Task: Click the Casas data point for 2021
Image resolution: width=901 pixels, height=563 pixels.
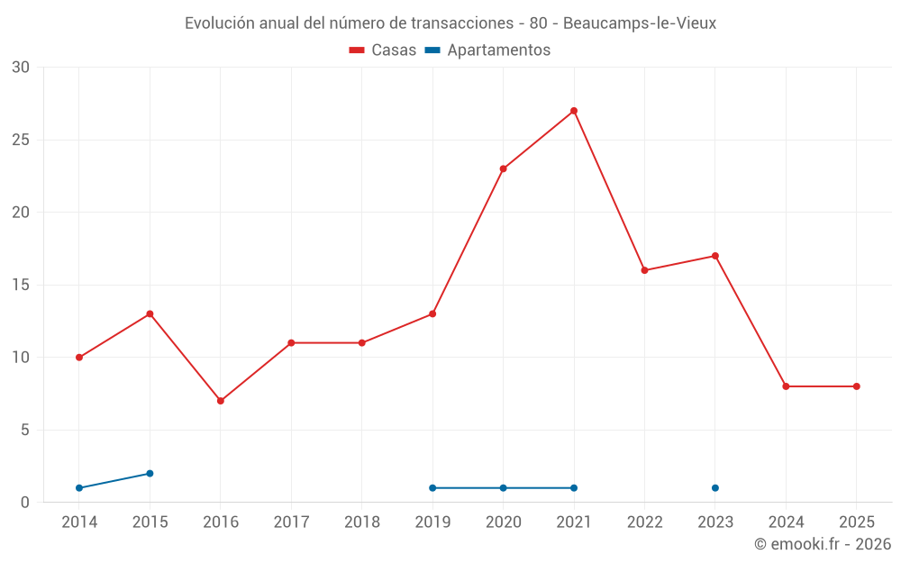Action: [x=574, y=111]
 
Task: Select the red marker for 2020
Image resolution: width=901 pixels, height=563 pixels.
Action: [x=503, y=168]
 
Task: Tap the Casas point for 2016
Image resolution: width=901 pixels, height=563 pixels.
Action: [x=221, y=401]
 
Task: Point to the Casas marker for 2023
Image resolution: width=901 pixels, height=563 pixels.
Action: [x=715, y=256]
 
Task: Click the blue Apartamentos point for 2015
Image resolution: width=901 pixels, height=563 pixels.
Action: [x=150, y=473]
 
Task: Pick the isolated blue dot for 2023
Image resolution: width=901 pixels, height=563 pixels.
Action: [x=715, y=488]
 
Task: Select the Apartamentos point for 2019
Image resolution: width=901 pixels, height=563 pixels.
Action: [x=432, y=488]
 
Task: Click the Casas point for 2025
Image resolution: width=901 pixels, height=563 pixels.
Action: [x=857, y=386]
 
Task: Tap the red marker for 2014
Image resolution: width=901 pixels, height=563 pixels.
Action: [x=79, y=358]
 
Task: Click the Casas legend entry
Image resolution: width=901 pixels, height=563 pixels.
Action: [x=383, y=50]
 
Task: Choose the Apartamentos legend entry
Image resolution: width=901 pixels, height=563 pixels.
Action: [x=487, y=50]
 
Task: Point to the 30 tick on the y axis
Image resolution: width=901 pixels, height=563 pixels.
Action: [x=21, y=68]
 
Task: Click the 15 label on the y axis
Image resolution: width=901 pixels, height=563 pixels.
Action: [x=21, y=285]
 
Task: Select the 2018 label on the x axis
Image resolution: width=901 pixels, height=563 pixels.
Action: [x=362, y=522]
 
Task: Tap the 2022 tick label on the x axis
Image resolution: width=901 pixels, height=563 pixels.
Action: [x=644, y=522]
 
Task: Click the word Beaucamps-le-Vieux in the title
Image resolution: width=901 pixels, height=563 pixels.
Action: [x=640, y=23]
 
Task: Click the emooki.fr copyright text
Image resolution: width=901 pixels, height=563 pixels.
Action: [x=823, y=544]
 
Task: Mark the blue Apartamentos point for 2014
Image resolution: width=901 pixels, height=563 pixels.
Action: [x=79, y=488]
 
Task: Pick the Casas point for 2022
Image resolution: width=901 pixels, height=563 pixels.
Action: [x=644, y=270]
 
